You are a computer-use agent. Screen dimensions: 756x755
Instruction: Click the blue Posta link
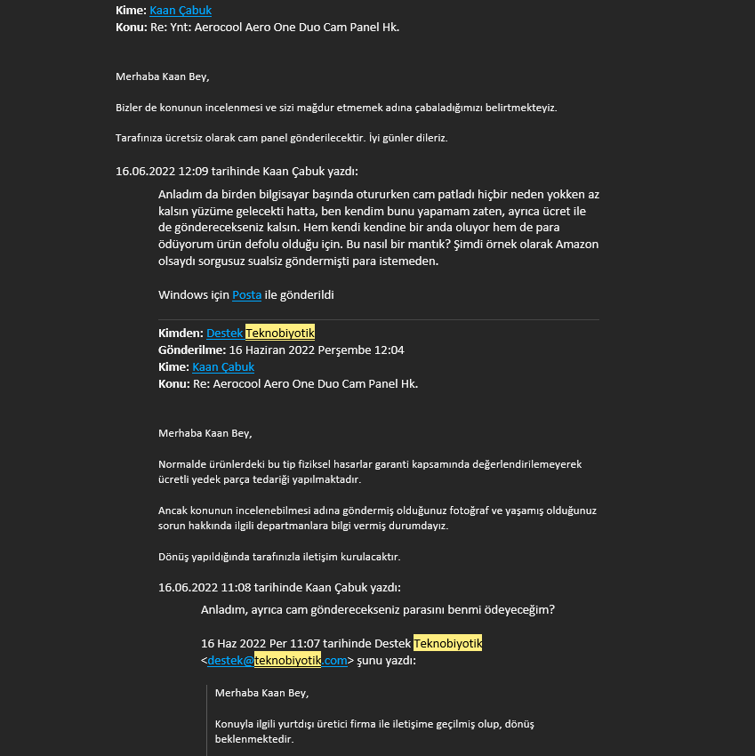point(246,294)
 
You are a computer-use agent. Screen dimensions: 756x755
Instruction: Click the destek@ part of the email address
point(230,660)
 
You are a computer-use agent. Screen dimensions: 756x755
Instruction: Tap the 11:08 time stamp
point(236,587)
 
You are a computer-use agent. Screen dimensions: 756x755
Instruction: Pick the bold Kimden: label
point(181,333)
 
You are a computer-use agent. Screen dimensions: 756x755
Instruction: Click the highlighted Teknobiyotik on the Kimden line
point(274,333)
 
